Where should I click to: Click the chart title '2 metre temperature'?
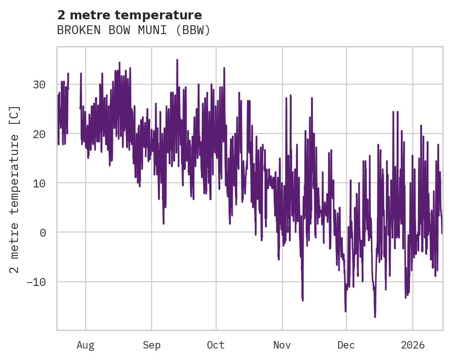pos(129,15)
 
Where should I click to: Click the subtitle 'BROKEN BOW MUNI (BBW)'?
pos(134,30)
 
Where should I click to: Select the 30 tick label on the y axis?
pos(39,85)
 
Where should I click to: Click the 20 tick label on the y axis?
pos(39,134)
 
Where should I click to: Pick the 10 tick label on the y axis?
pos(39,183)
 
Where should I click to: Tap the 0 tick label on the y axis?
pos(43,232)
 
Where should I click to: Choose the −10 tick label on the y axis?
pos(36,282)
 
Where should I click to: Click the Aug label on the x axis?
pos(85,345)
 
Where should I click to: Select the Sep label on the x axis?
pos(152,345)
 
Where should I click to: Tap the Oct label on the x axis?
pos(216,345)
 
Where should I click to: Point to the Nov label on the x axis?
pos(282,345)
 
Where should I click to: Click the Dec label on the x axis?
pos(346,345)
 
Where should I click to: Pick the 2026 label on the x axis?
pos(412,345)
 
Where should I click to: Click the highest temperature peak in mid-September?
pos(177,60)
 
